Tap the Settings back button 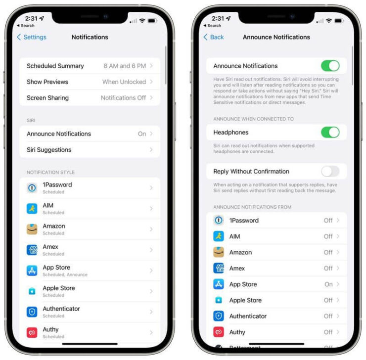click(32, 37)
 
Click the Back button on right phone click(214, 37)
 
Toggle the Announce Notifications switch click(330, 66)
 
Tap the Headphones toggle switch click(330, 132)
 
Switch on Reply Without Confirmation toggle click(330, 172)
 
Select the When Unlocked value click(124, 82)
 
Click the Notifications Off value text click(123, 98)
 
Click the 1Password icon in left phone click(32, 188)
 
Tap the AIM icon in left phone click(32, 209)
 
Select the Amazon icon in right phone click(219, 252)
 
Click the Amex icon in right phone click(219, 268)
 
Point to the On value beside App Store click(328, 284)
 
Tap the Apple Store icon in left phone click(32, 291)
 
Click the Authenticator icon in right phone click(219, 316)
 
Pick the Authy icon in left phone click(32, 332)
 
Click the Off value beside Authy click(328, 332)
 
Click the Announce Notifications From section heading click(252, 207)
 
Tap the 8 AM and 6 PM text click(125, 66)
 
